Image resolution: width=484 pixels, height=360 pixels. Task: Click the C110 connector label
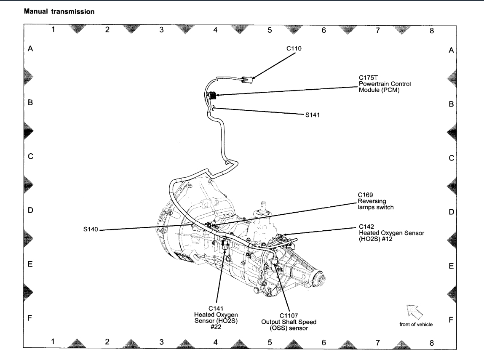pyautogui.click(x=294, y=48)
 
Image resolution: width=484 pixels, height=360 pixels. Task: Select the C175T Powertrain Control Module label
pyautogui.click(x=385, y=83)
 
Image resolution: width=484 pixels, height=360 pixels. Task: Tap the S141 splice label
pyautogui.click(x=312, y=114)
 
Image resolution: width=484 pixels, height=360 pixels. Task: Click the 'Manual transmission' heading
pyautogui.click(x=59, y=12)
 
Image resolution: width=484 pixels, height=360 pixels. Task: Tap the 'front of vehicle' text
pyautogui.click(x=416, y=324)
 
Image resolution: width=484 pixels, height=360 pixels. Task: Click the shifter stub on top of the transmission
pyautogui.click(x=263, y=207)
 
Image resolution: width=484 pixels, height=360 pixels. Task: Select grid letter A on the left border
pyautogui.click(x=30, y=49)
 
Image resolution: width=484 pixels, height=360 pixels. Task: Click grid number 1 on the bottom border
pyautogui.click(x=53, y=341)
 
